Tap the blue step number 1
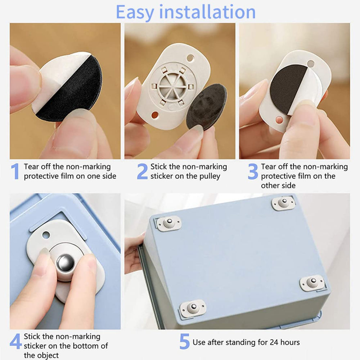(15, 171)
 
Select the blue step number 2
(142, 171)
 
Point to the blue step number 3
(253, 171)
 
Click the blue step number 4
(15, 342)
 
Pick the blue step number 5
(184, 342)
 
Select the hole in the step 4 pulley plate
(46, 235)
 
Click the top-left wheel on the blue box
(168, 223)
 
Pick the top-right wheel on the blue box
(283, 203)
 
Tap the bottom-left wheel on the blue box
(193, 308)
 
